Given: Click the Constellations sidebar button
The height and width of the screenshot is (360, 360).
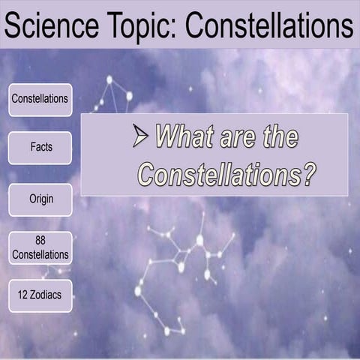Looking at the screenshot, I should click(x=40, y=99).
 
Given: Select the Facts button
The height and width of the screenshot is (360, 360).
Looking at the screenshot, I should click(x=40, y=148).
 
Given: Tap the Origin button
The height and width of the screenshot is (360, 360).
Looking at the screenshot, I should click(x=40, y=199).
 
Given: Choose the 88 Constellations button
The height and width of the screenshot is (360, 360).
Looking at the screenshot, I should click(x=40, y=247).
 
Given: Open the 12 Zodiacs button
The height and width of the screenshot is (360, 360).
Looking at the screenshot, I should click(x=40, y=295).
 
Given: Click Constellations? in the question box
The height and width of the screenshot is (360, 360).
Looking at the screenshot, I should click(x=226, y=175).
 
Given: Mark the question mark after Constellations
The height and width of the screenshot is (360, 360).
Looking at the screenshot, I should click(x=307, y=175).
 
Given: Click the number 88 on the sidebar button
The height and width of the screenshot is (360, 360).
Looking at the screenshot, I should click(x=40, y=241).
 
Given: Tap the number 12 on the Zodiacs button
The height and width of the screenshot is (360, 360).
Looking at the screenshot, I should click(x=19, y=295).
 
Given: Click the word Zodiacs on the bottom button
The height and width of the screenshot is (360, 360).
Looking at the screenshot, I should click(x=47, y=295).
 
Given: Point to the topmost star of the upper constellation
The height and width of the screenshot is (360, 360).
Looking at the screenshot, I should click(x=109, y=79).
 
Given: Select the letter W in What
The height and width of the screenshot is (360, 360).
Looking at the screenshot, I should click(x=166, y=137).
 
